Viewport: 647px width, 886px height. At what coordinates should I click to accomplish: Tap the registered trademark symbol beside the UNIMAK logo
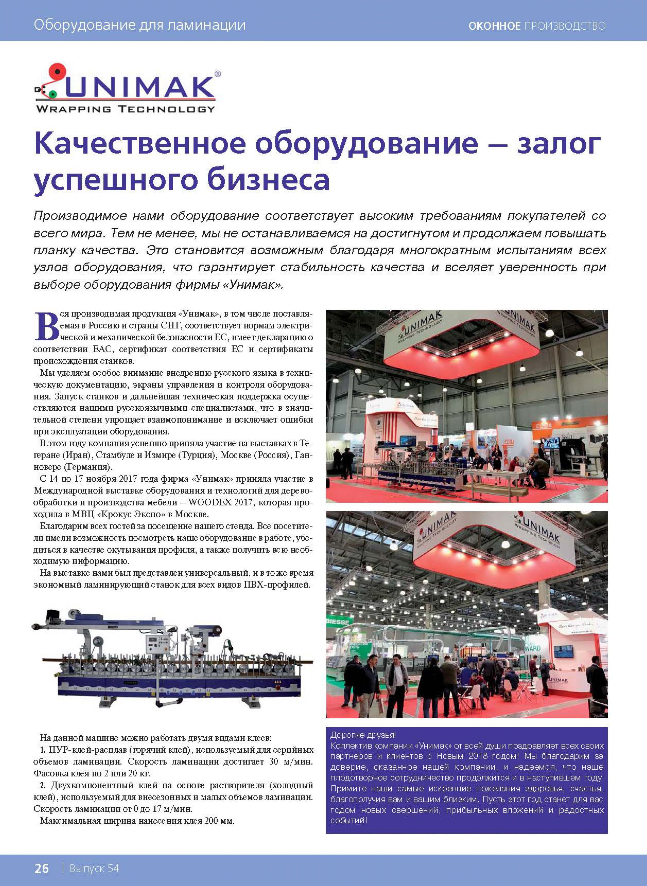click(218, 73)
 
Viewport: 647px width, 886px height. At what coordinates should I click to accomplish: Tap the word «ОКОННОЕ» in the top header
click(494, 26)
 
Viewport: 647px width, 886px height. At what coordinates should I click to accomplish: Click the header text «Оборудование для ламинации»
click(139, 25)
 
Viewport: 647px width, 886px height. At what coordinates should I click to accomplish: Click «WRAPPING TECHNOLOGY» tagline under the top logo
click(125, 109)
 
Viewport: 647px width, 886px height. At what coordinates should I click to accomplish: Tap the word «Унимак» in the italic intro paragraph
click(252, 285)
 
